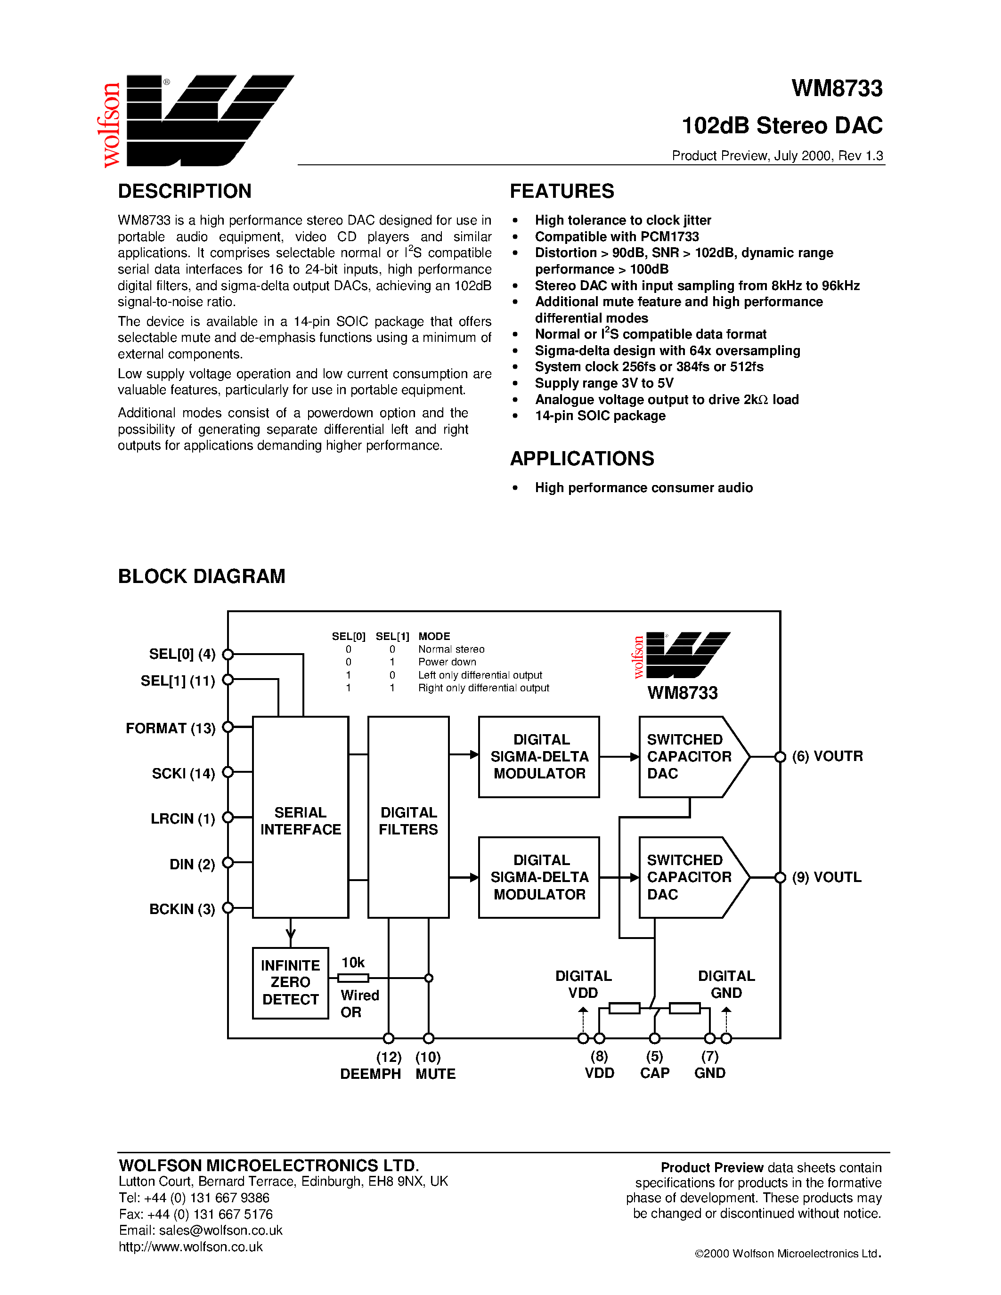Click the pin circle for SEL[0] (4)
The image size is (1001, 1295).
[x=228, y=654]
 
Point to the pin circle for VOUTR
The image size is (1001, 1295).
[x=781, y=757]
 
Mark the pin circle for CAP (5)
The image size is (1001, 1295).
[x=655, y=1038]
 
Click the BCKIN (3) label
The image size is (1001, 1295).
[x=182, y=909]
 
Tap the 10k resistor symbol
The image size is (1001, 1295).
[x=353, y=978]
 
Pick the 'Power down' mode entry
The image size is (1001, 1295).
[x=447, y=662]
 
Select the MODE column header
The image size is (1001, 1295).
[x=434, y=636]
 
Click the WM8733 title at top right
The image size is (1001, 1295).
[x=837, y=89]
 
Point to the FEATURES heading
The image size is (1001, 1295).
[x=562, y=191]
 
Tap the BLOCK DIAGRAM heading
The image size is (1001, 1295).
[x=202, y=576]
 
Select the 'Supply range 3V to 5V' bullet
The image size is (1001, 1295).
[x=604, y=383]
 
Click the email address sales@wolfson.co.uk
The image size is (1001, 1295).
[x=220, y=1230]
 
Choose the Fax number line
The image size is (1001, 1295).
[x=195, y=1214]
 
